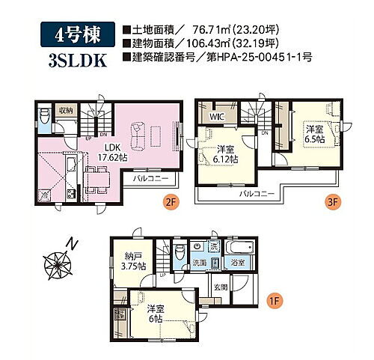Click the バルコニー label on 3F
point(257,193)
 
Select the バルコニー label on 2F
point(150,178)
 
